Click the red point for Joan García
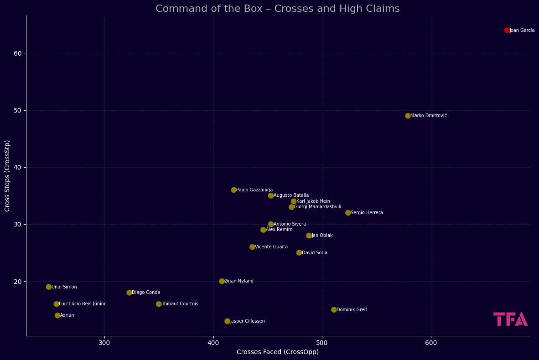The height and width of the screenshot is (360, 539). point(507,30)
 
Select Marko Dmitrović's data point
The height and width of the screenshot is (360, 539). point(408,116)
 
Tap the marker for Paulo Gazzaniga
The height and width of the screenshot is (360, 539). point(234,190)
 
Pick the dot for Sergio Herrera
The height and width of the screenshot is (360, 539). point(348,213)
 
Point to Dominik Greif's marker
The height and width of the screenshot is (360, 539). point(334,310)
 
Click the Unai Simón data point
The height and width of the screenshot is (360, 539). point(49,287)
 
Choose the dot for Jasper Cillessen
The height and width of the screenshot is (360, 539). point(227,321)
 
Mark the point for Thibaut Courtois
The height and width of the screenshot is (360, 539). point(159,304)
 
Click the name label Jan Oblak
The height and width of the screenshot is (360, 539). point(322,236)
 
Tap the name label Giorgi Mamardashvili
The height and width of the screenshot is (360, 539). point(317,207)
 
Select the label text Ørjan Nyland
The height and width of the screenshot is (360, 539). point(238,281)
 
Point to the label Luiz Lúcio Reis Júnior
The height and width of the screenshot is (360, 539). point(82,304)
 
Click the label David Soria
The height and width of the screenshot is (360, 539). point(315,253)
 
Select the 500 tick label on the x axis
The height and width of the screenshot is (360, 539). point(322,343)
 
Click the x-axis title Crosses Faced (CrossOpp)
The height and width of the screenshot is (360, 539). point(277,352)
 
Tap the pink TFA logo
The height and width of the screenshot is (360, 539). point(510,319)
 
